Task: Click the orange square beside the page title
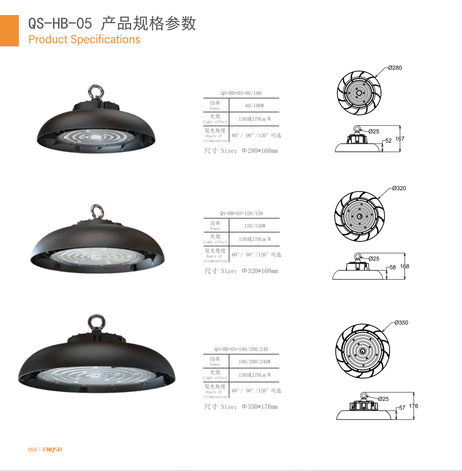[9, 31]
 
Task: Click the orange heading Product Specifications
[84, 39]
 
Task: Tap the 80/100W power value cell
[255, 105]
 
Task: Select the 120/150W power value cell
[255, 226]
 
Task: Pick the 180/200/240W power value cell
[255, 362]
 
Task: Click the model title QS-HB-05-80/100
[241, 93]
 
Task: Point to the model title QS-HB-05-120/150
[241, 213]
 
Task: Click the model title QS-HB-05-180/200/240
[241, 349]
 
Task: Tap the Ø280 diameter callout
[395, 68]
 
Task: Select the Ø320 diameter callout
[399, 188]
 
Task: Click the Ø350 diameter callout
[401, 323]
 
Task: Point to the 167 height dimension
[400, 139]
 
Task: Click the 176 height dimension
[413, 406]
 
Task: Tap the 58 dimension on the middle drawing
[393, 267]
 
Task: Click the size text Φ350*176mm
[260, 407]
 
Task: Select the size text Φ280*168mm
[260, 151]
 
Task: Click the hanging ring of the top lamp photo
[96, 92]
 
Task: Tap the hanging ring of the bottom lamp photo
[96, 322]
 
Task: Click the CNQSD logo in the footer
[52, 450]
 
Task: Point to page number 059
[32, 450]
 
